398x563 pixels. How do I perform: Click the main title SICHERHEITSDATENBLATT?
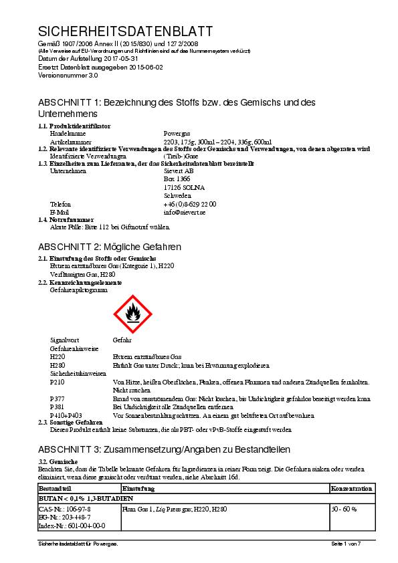pos(126,31)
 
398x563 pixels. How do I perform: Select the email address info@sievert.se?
pos(184,212)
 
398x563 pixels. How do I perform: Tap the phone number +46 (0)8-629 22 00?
pos(190,204)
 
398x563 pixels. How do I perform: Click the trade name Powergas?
pos(176,134)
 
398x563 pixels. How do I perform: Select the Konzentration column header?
pos(351,489)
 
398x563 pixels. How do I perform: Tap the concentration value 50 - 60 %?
pos(344,509)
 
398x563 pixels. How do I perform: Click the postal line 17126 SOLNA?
pos(184,187)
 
